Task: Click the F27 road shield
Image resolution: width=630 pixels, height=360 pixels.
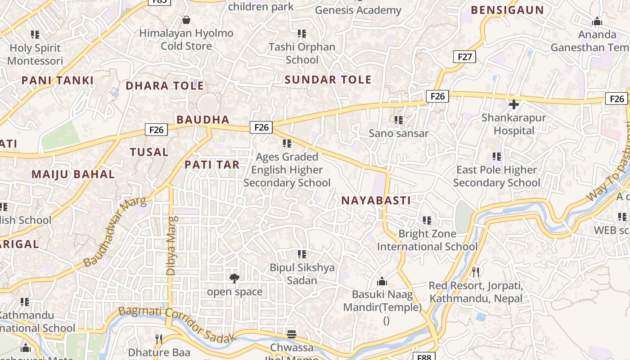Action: [x=464, y=57]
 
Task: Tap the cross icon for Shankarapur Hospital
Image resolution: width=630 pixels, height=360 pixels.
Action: [x=513, y=105]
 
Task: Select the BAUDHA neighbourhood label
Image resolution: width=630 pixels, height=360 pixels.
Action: [x=203, y=120]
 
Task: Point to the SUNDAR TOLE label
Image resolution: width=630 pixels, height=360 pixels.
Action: [x=328, y=80]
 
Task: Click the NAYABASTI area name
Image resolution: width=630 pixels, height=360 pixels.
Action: [x=376, y=201]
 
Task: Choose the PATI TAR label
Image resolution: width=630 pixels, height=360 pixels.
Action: [x=212, y=165]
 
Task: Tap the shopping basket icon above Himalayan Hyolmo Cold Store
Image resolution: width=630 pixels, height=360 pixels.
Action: [x=186, y=20]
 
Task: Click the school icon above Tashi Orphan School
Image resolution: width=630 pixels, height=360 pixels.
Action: [x=302, y=34]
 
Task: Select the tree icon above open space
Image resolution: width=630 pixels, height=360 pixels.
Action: [x=234, y=279]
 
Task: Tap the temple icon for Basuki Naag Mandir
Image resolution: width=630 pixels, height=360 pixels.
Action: [x=382, y=282]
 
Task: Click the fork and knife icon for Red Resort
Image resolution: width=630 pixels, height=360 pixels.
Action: [x=475, y=272]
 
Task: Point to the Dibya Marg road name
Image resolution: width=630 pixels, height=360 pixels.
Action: [x=171, y=245]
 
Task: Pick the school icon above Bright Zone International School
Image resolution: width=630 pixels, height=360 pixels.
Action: [x=427, y=220]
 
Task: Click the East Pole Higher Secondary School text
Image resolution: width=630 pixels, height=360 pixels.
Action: [x=496, y=176]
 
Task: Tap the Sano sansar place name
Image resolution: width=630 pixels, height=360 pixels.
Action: [x=398, y=134]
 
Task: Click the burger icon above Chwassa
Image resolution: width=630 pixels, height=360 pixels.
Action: [x=292, y=334]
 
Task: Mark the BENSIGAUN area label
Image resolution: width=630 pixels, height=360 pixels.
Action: [x=507, y=10]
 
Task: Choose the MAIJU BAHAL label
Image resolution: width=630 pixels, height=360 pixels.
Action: [x=73, y=175]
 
